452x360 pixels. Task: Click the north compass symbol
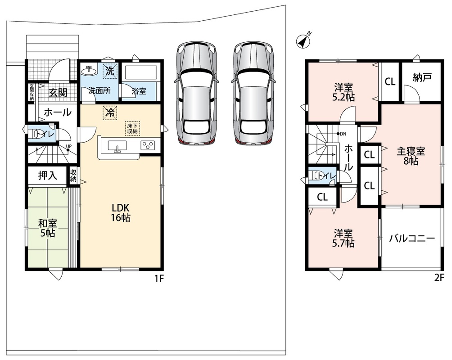point(304,41)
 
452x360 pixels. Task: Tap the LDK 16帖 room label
point(121,212)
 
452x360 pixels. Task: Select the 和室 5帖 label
point(48,228)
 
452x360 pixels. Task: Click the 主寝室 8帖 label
point(411,156)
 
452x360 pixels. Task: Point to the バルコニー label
point(412,238)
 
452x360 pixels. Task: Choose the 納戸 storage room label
point(422,77)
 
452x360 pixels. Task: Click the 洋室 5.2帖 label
point(344,92)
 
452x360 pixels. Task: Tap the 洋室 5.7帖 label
point(344,238)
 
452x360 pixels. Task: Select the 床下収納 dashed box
point(132,129)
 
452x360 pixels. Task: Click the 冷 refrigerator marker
point(110,112)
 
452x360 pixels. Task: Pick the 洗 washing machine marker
point(110,71)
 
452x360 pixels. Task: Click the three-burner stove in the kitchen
point(148,145)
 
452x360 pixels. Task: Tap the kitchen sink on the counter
point(117,145)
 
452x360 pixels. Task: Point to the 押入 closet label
point(48,175)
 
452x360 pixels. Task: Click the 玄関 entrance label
point(58,93)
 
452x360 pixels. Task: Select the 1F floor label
point(159,279)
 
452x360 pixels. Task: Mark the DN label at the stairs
point(343,134)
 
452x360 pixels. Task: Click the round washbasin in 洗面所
point(89,70)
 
